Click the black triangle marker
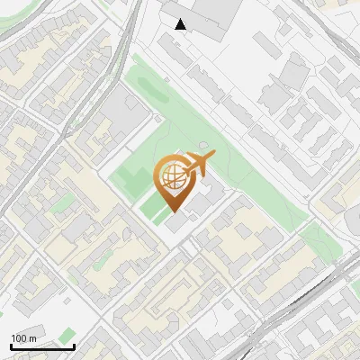click(181, 24)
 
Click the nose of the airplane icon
click(212, 157)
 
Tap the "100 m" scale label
click(24, 338)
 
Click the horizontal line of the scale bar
click(42, 346)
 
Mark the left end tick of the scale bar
click(11, 345)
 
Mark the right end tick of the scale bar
click(74, 345)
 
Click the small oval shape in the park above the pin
click(203, 145)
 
